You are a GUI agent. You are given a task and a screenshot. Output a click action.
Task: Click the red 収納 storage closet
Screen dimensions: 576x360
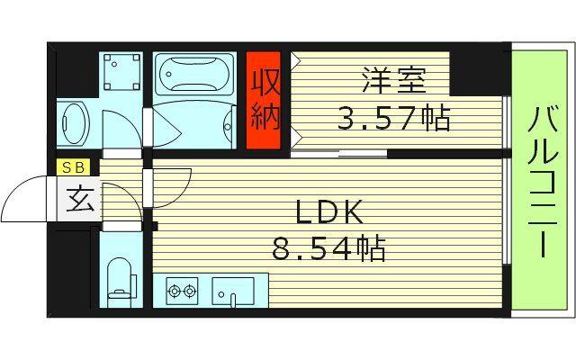click(x=264, y=100)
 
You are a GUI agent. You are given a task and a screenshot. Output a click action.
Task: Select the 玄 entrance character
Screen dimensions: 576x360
click(x=80, y=200)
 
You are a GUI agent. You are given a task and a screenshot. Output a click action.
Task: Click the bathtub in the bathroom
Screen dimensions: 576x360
click(x=193, y=75)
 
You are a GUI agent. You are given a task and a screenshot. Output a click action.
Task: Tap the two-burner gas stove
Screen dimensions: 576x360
click(x=182, y=291)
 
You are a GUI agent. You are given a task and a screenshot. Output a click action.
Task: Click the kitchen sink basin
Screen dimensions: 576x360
click(x=233, y=291)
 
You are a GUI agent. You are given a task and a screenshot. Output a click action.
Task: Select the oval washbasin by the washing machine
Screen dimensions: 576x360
click(x=74, y=123)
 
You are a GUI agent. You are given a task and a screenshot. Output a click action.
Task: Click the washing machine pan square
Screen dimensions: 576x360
click(x=121, y=72)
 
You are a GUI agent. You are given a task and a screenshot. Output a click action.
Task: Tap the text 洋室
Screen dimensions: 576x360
click(x=394, y=79)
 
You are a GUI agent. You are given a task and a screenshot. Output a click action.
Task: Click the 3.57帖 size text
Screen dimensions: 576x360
click(x=393, y=118)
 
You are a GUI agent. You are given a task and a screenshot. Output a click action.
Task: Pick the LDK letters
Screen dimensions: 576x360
click(x=329, y=212)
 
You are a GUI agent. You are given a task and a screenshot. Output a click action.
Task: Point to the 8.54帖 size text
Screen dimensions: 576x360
click(x=328, y=247)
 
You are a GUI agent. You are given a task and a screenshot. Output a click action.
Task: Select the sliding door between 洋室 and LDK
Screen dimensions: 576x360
click(x=338, y=154)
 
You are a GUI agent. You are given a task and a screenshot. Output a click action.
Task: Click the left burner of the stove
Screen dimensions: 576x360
click(x=174, y=291)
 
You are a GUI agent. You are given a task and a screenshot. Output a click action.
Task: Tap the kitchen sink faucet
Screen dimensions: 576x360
click(x=232, y=300)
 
